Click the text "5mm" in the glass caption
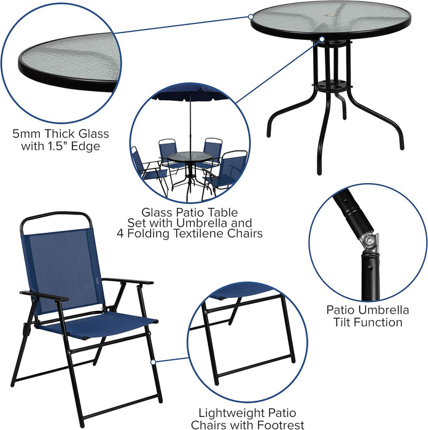pyautogui.click(x=26, y=134)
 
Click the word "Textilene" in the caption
pyautogui.click(x=189, y=233)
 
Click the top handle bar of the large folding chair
pyautogui.click(x=55, y=216)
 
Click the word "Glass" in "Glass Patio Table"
pyautogui.click(x=156, y=211)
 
